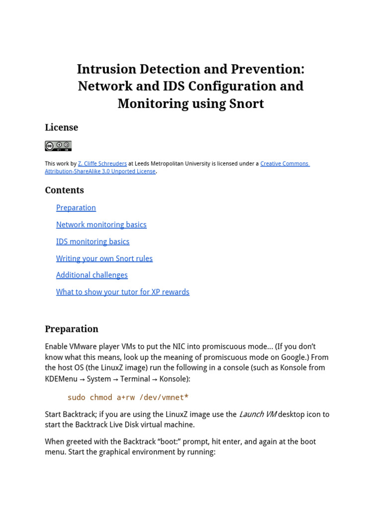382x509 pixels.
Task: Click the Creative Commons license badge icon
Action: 58,146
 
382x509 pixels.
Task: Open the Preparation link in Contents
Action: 76,208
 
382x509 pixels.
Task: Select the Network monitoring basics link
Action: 101,225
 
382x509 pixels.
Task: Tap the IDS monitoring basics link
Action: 93,242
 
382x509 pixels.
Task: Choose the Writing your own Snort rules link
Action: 104,258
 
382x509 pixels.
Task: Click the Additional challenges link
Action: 92,275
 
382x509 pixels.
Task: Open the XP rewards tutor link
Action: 123,292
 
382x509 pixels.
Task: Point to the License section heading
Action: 62,128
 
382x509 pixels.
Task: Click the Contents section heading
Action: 65,190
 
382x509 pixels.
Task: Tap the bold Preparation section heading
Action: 72,329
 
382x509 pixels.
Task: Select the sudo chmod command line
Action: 128,398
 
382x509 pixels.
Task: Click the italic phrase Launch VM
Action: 258,414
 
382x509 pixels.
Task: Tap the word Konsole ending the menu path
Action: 175,379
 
